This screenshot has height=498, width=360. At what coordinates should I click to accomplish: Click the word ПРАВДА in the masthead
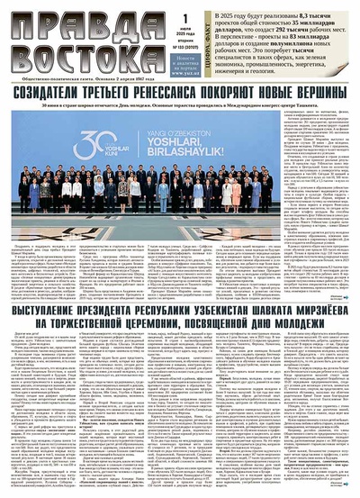[53, 20]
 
